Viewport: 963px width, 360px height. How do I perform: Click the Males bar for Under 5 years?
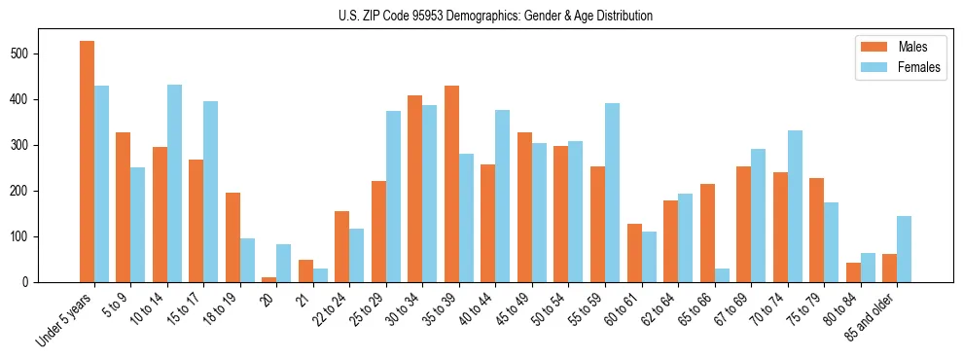(87, 162)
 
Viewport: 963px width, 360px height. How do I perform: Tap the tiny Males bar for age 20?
(268, 279)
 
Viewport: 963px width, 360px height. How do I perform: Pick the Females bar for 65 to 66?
(722, 275)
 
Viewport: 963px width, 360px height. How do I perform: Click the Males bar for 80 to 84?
(853, 272)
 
